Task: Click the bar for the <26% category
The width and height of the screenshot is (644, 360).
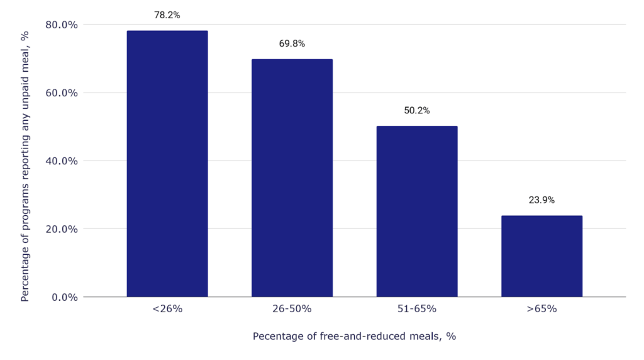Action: pyautogui.click(x=167, y=164)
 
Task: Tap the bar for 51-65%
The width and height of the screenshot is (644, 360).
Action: pyautogui.click(x=416, y=211)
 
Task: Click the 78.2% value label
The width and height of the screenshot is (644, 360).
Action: pyautogui.click(x=167, y=15)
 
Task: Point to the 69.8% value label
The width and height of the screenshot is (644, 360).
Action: pyautogui.click(x=292, y=44)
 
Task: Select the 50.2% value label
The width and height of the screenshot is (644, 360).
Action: pyautogui.click(x=416, y=111)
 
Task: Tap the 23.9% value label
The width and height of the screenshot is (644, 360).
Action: pyautogui.click(x=541, y=200)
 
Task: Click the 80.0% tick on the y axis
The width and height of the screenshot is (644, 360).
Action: pyautogui.click(x=62, y=25)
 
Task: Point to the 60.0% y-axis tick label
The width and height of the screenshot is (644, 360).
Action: pyautogui.click(x=62, y=93)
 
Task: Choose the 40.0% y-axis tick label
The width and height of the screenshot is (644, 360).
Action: pyautogui.click(x=62, y=160)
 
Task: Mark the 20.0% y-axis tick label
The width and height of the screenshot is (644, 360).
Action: pyautogui.click(x=62, y=228)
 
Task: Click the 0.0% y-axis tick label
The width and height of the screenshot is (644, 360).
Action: pyautogui.click(x=64, y=296)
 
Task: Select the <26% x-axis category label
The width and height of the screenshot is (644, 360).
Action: pyautogui.click(x=167, y=309)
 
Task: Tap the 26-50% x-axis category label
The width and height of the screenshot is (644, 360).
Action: pyautogui.click(x=292, y=309)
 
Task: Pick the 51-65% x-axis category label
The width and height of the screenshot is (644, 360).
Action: pyautogui.click(x=416, y=309)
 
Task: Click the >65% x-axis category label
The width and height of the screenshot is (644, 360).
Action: pyautogui.click(x=541, y=309)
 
